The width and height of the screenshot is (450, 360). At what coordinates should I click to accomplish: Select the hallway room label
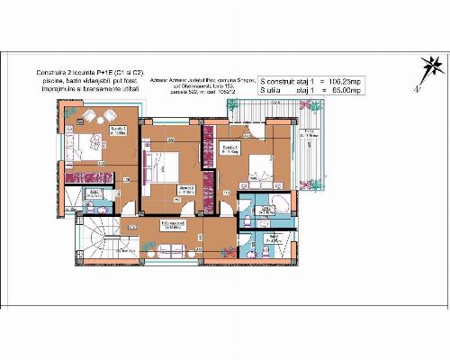(167, 225)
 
